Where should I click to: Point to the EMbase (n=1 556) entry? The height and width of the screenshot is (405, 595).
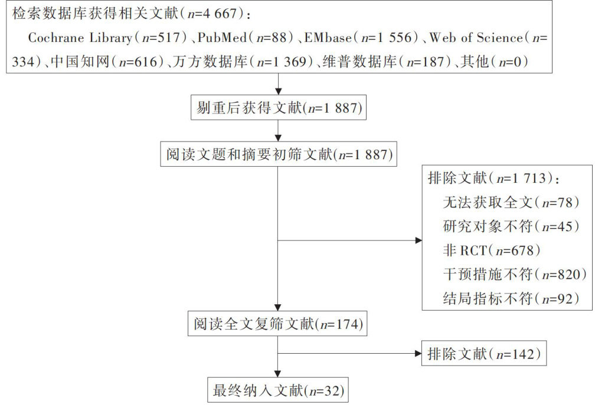tap(361, 38)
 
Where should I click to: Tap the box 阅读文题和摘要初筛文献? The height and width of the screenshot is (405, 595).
tap(277, 155)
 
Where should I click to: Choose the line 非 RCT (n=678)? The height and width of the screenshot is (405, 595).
tap(492, 251)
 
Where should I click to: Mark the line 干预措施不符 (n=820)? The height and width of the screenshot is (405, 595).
tap(515, 274)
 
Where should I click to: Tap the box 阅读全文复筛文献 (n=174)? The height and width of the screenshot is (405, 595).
tap(277, 323)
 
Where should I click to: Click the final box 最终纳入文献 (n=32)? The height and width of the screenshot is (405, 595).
tap(277, 390)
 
